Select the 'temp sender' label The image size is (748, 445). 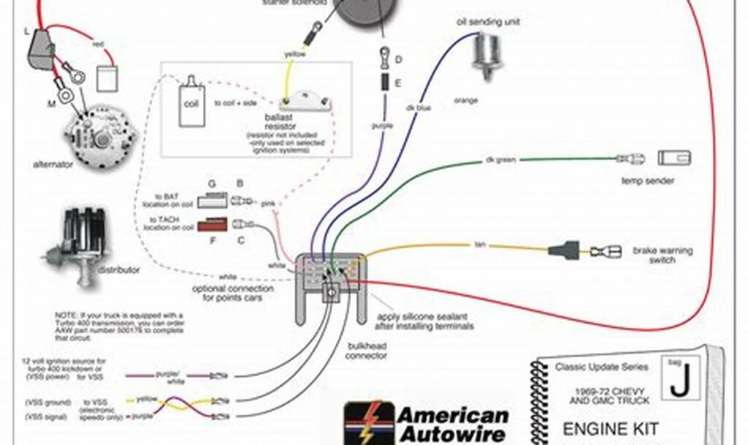[647, 180]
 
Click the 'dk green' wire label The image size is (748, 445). [497, 160]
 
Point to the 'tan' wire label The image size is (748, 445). [480, 244]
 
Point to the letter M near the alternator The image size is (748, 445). [52, 104]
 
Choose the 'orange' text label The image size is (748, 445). [465, 100]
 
